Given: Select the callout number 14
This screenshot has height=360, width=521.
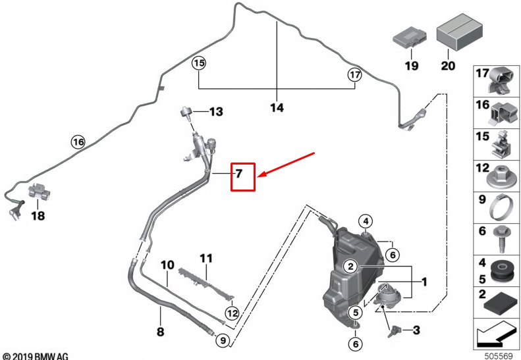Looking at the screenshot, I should [277, 107].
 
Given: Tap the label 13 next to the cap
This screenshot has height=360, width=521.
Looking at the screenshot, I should [216, 113].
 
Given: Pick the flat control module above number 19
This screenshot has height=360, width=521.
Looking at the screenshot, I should [411, 39].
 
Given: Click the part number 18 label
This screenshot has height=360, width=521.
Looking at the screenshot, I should [38, 215].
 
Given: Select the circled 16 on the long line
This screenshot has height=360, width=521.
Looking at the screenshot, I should [78, 141].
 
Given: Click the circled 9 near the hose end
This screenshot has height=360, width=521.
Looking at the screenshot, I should [222, 340].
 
